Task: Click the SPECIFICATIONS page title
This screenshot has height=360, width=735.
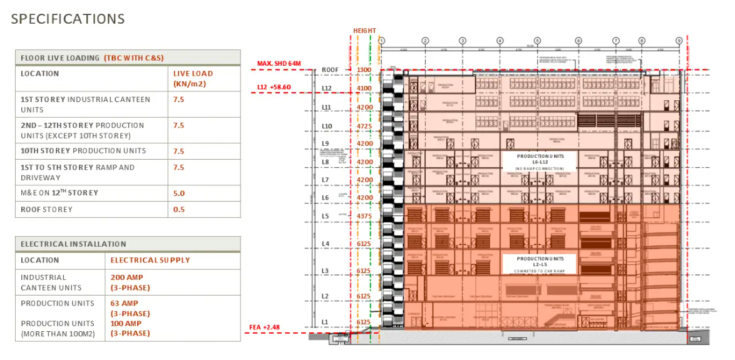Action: tap(68, 19)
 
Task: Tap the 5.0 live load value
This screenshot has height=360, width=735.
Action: tap(179, 193)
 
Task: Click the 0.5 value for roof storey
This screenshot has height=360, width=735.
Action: tap(179, 209)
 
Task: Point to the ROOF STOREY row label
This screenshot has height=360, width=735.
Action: tap(46, 209)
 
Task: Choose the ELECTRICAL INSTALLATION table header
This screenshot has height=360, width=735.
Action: tap(73, 244)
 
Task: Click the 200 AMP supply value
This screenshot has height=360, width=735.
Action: tap(126, 277)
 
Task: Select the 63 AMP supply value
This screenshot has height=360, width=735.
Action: tap(124, 303)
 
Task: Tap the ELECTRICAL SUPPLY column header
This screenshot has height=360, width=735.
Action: tap(150, 260)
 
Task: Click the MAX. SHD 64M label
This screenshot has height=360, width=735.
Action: tap(279, 64)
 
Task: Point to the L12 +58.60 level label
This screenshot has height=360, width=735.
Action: tap(279, 87)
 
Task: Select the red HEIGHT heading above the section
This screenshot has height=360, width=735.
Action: tap(364, 31)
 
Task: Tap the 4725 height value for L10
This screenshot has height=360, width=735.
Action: tap(364, 126)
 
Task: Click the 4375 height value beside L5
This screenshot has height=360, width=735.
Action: tap(364, 217)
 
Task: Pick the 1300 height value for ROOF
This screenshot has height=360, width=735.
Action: tap(364, 70)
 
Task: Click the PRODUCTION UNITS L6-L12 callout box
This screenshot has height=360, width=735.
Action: tap(540, 162)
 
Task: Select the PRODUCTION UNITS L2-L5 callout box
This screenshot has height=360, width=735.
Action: tap(540, 264)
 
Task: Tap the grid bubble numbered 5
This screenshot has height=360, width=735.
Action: tap(537, 41)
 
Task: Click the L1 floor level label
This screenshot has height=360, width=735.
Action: tap(325, 322)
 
